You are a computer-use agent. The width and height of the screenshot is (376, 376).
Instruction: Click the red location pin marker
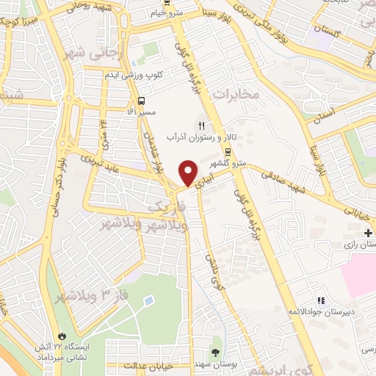tap(188, 173)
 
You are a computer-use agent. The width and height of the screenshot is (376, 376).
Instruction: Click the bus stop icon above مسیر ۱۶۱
tap(140, 101)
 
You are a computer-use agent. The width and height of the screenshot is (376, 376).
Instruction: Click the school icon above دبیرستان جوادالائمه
tap(320, 300)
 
